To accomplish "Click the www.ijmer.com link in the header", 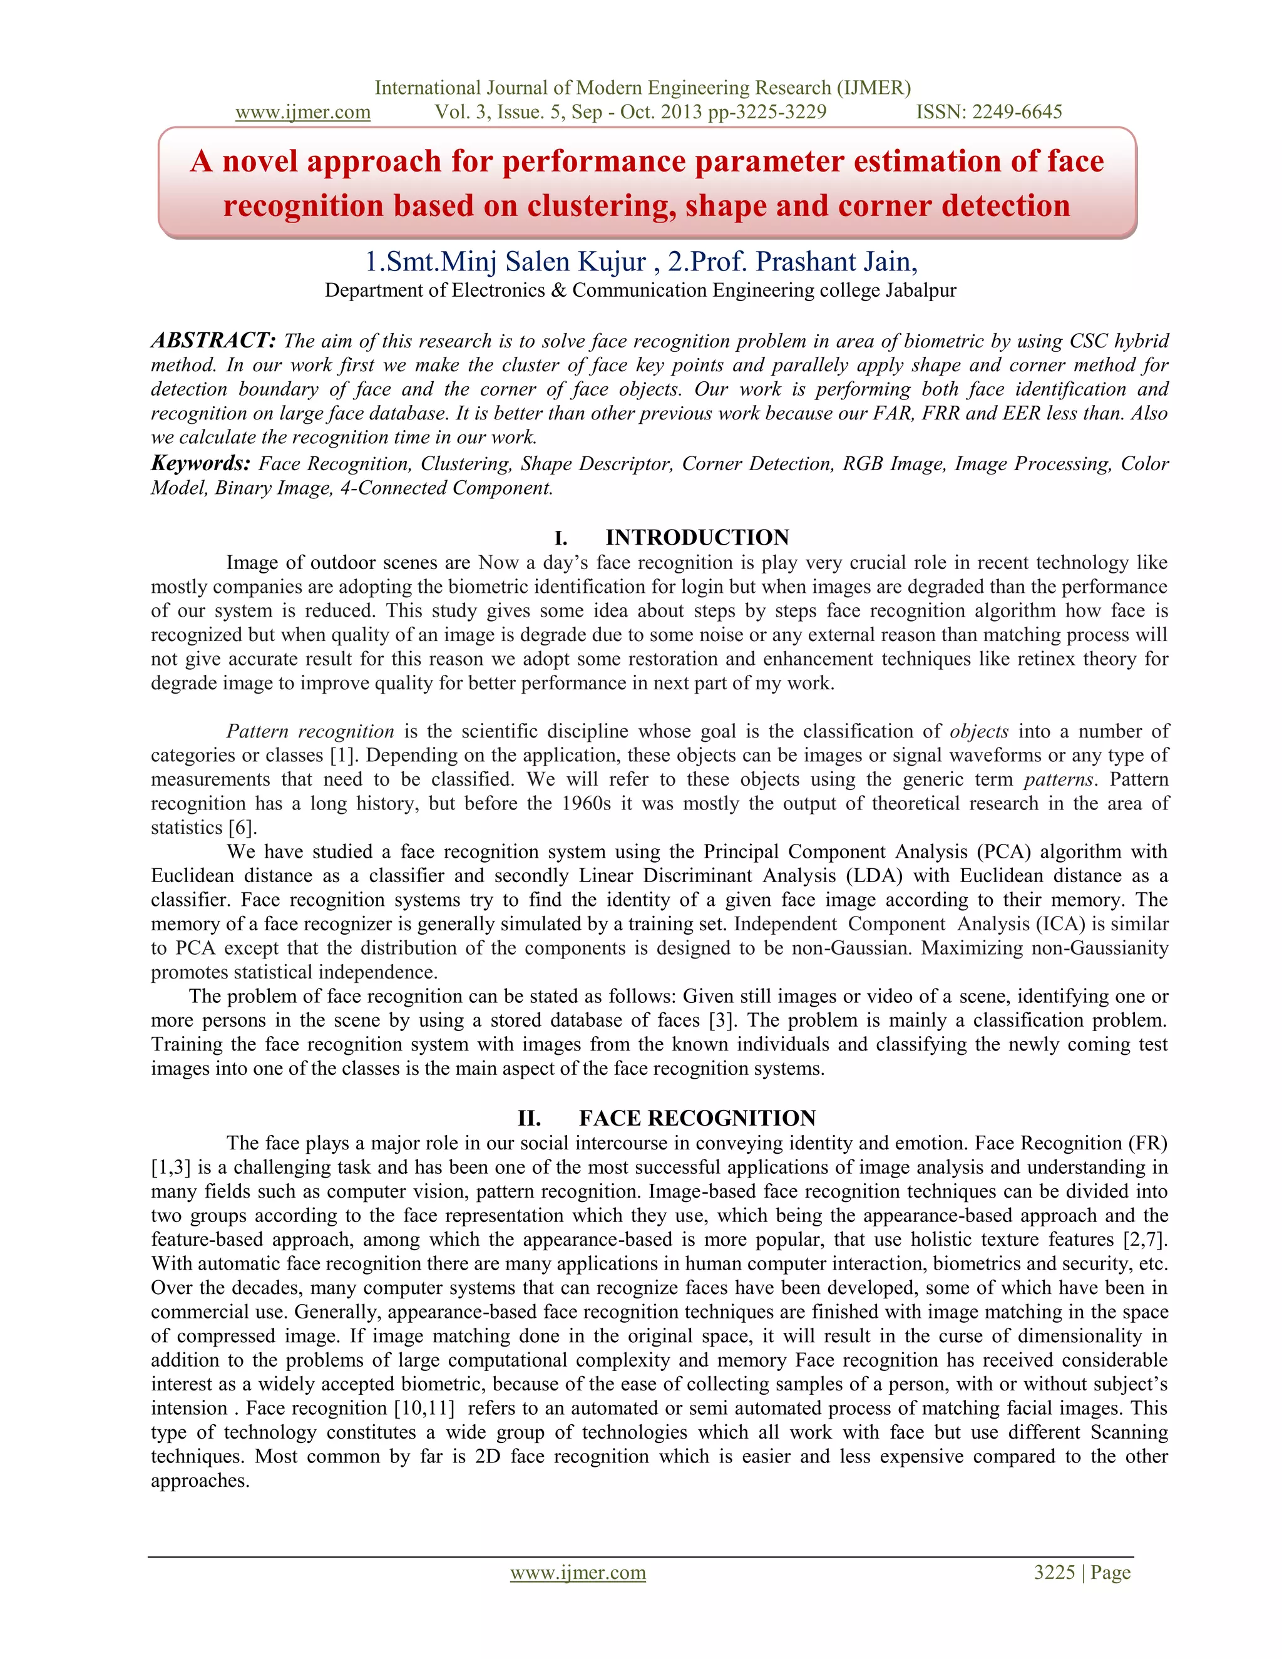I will (x=302, y=113).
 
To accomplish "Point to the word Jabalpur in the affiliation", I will (x=920, y=290).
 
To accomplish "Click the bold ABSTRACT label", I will (x=213, y=341).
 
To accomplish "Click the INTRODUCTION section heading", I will (x=697, y=538).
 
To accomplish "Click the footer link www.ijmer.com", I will (x=577, y=1573).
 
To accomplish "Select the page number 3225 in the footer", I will (x=1054, y=1573).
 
